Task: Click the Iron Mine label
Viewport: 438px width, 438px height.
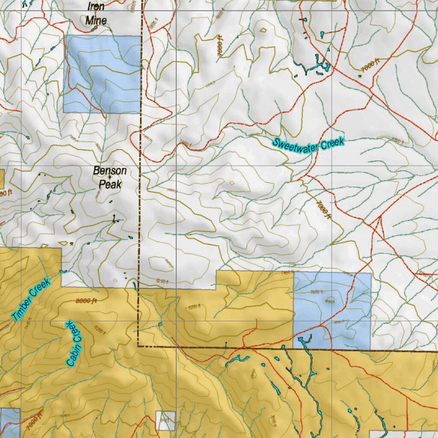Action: point(96,13)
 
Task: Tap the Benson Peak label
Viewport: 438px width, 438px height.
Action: point(110,177)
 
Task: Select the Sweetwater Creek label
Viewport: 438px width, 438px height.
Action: point(308,145)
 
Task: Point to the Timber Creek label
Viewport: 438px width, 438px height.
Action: point(31,299)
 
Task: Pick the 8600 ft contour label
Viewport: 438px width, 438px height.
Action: point(86,301)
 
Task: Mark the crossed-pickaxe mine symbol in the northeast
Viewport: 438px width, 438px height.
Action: point(360,76)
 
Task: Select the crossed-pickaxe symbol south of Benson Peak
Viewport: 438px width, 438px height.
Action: point(71,243)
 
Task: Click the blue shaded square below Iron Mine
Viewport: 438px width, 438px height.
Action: point(102,74)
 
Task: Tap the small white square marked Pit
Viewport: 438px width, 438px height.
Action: point(166,421)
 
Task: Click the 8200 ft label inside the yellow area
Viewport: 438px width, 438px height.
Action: point(195,306)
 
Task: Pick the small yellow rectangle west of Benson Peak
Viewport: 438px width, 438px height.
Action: point(2,179)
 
